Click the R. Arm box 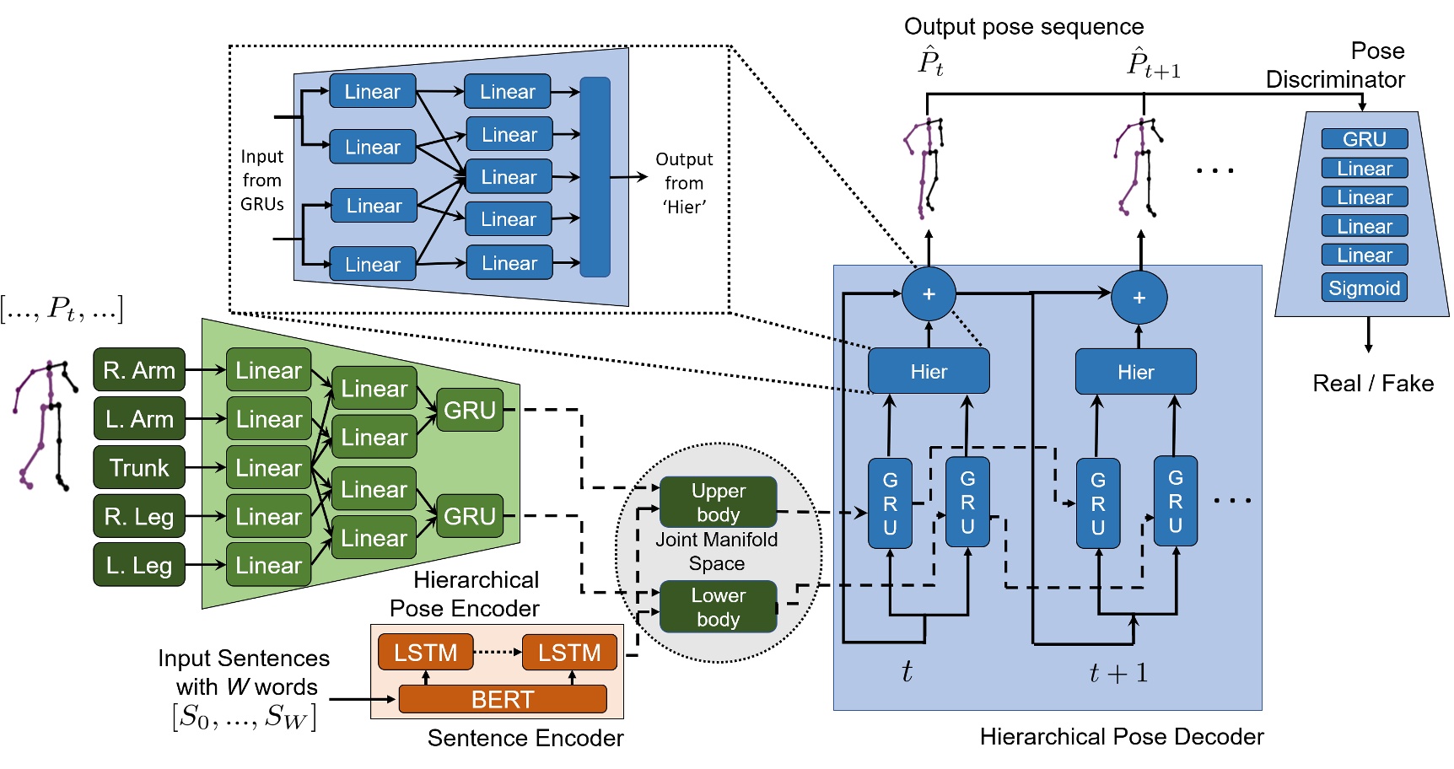coord(139,370)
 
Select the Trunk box coord(139,468)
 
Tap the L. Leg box coord(139,565)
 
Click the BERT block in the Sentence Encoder coord(503,699)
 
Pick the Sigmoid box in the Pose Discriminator coord(1364,288)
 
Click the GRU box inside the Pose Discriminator coord(1364,139)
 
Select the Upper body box coord(718,503)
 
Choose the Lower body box coord(718,607)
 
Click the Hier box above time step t coord(929,372)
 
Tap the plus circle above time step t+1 coord(1139,298)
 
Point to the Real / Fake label coord(1372,384)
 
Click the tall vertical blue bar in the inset coord(595,177)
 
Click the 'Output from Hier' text coord(683,183)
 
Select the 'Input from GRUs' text coord(261,180)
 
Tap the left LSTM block coord(425,653)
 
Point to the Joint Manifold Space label coord(717,551)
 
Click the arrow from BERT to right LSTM coord(573,677)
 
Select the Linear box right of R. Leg coord(268,517)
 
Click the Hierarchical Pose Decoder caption coord(1121,737)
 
